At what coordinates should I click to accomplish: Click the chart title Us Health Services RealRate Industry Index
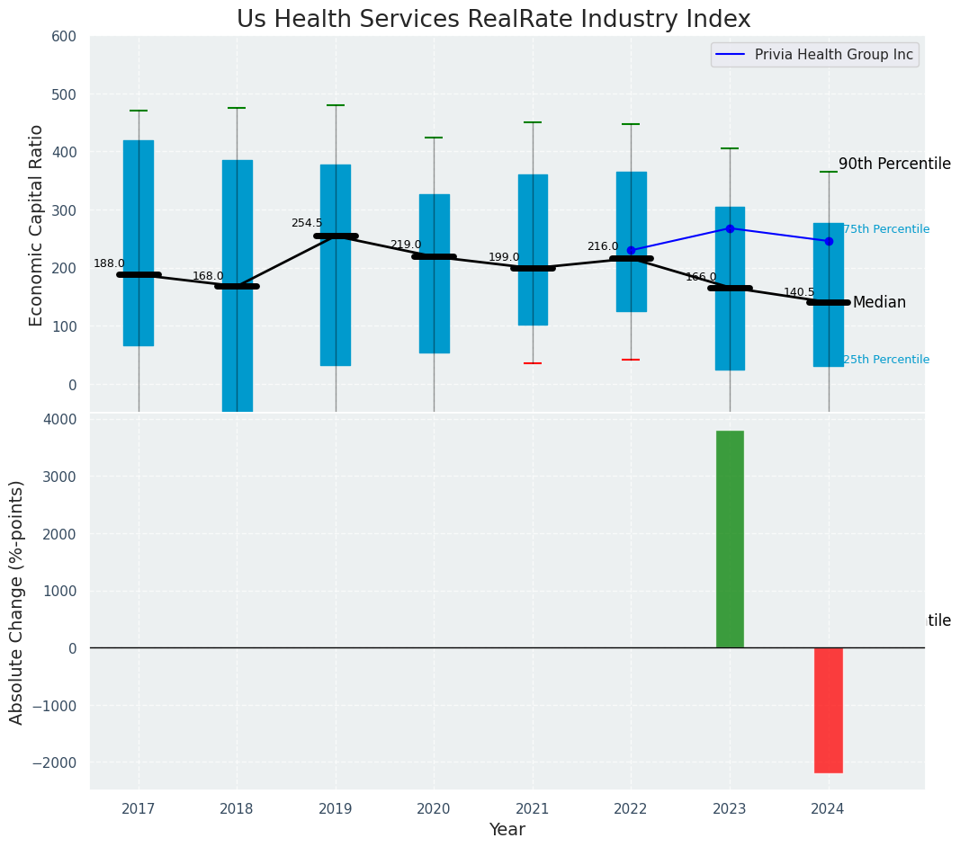point(493,20)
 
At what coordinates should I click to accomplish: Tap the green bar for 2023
point(730,539)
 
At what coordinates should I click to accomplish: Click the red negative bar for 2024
point(828,709)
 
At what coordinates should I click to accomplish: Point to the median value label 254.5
point(306,223)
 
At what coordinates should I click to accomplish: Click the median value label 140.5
point(799,292)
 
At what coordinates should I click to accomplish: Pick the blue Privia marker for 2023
point(730,228)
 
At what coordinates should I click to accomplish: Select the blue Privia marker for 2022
point(631,250)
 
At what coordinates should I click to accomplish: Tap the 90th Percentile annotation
point(894,164)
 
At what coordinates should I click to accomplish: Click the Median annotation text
point(879,303)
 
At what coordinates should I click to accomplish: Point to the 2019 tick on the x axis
point(336,809)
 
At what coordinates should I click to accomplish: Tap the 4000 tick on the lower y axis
point(60,420)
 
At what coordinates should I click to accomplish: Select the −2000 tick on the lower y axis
point(56,762)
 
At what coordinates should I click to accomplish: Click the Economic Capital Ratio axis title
point(36,225)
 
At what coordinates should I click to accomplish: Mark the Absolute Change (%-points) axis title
point(17,602)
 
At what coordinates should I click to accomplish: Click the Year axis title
point(507,830)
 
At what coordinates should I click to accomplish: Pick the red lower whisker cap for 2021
point(533,363)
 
